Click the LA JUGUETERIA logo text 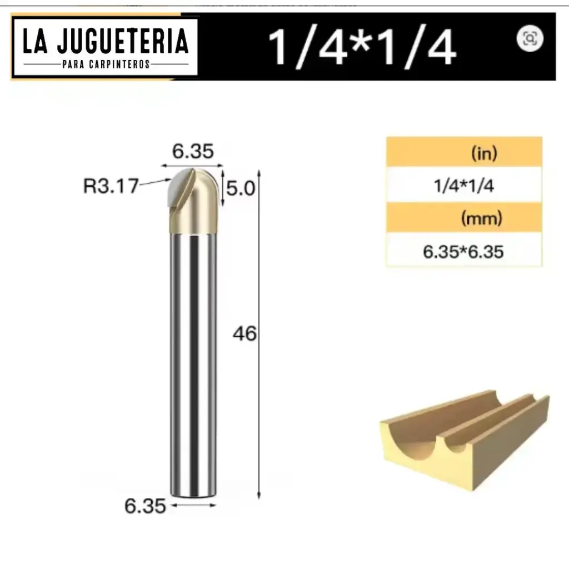click(105, 42)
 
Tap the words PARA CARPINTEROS click(105, 64)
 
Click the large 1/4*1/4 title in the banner click(362, 47)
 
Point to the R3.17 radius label click(111, 186)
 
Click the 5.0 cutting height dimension click(240, 189)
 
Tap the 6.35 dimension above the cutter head click(192, 151)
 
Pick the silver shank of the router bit click(192, 361)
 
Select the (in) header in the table click(483, 153)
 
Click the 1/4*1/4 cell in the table click(463, 186)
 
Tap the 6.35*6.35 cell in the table click(463, 252)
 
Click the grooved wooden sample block click(464, 439)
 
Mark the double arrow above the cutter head click(192, 165)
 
